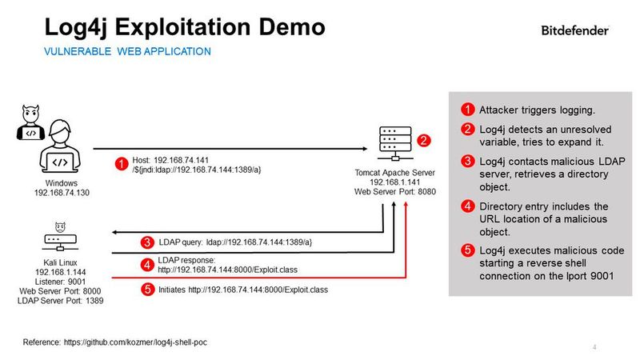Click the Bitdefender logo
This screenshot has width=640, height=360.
(574, 30)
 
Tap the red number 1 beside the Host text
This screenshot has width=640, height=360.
(121, 164)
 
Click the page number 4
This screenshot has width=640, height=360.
(594, 346)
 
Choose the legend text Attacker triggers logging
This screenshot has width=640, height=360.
(536, 110)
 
